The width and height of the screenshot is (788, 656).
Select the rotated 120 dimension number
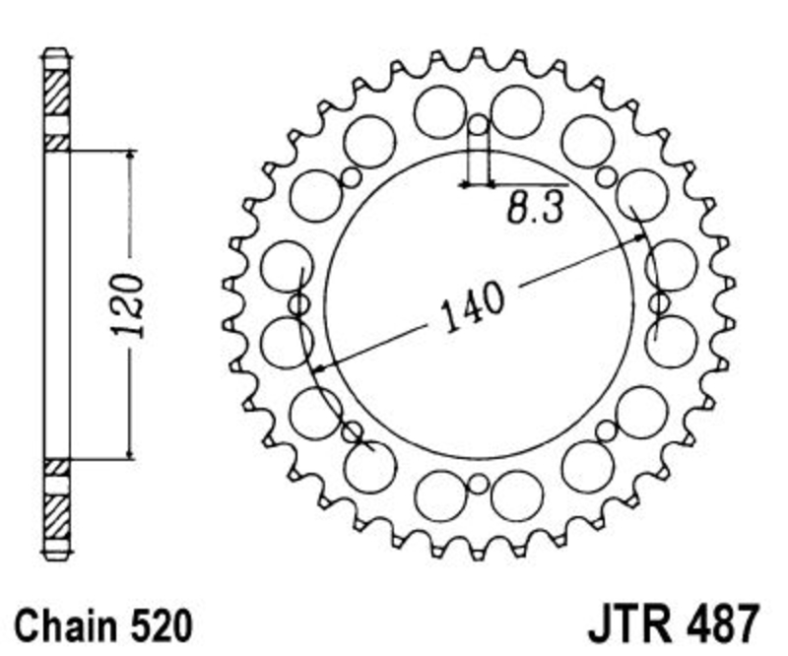click(x=127, y=305)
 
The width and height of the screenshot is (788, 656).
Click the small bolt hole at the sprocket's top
click(x=478, y=124)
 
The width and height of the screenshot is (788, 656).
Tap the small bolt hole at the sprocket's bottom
click(x=478, y=485)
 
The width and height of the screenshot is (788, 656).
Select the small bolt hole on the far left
click(x=299, y=304)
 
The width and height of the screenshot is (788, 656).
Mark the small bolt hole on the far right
click(x=658, y=303)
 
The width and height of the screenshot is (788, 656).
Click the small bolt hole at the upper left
click(x=352, y=177)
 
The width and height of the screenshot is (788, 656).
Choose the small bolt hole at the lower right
click(x=607, y=430)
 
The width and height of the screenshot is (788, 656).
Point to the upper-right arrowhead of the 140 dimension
click(x=640, y=237)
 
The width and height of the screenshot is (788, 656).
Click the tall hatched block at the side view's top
click(x=56, y=91)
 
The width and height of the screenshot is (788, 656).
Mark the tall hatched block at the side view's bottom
click(x=56, y=517)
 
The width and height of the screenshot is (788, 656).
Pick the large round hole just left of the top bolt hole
click(x=440, y=111)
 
